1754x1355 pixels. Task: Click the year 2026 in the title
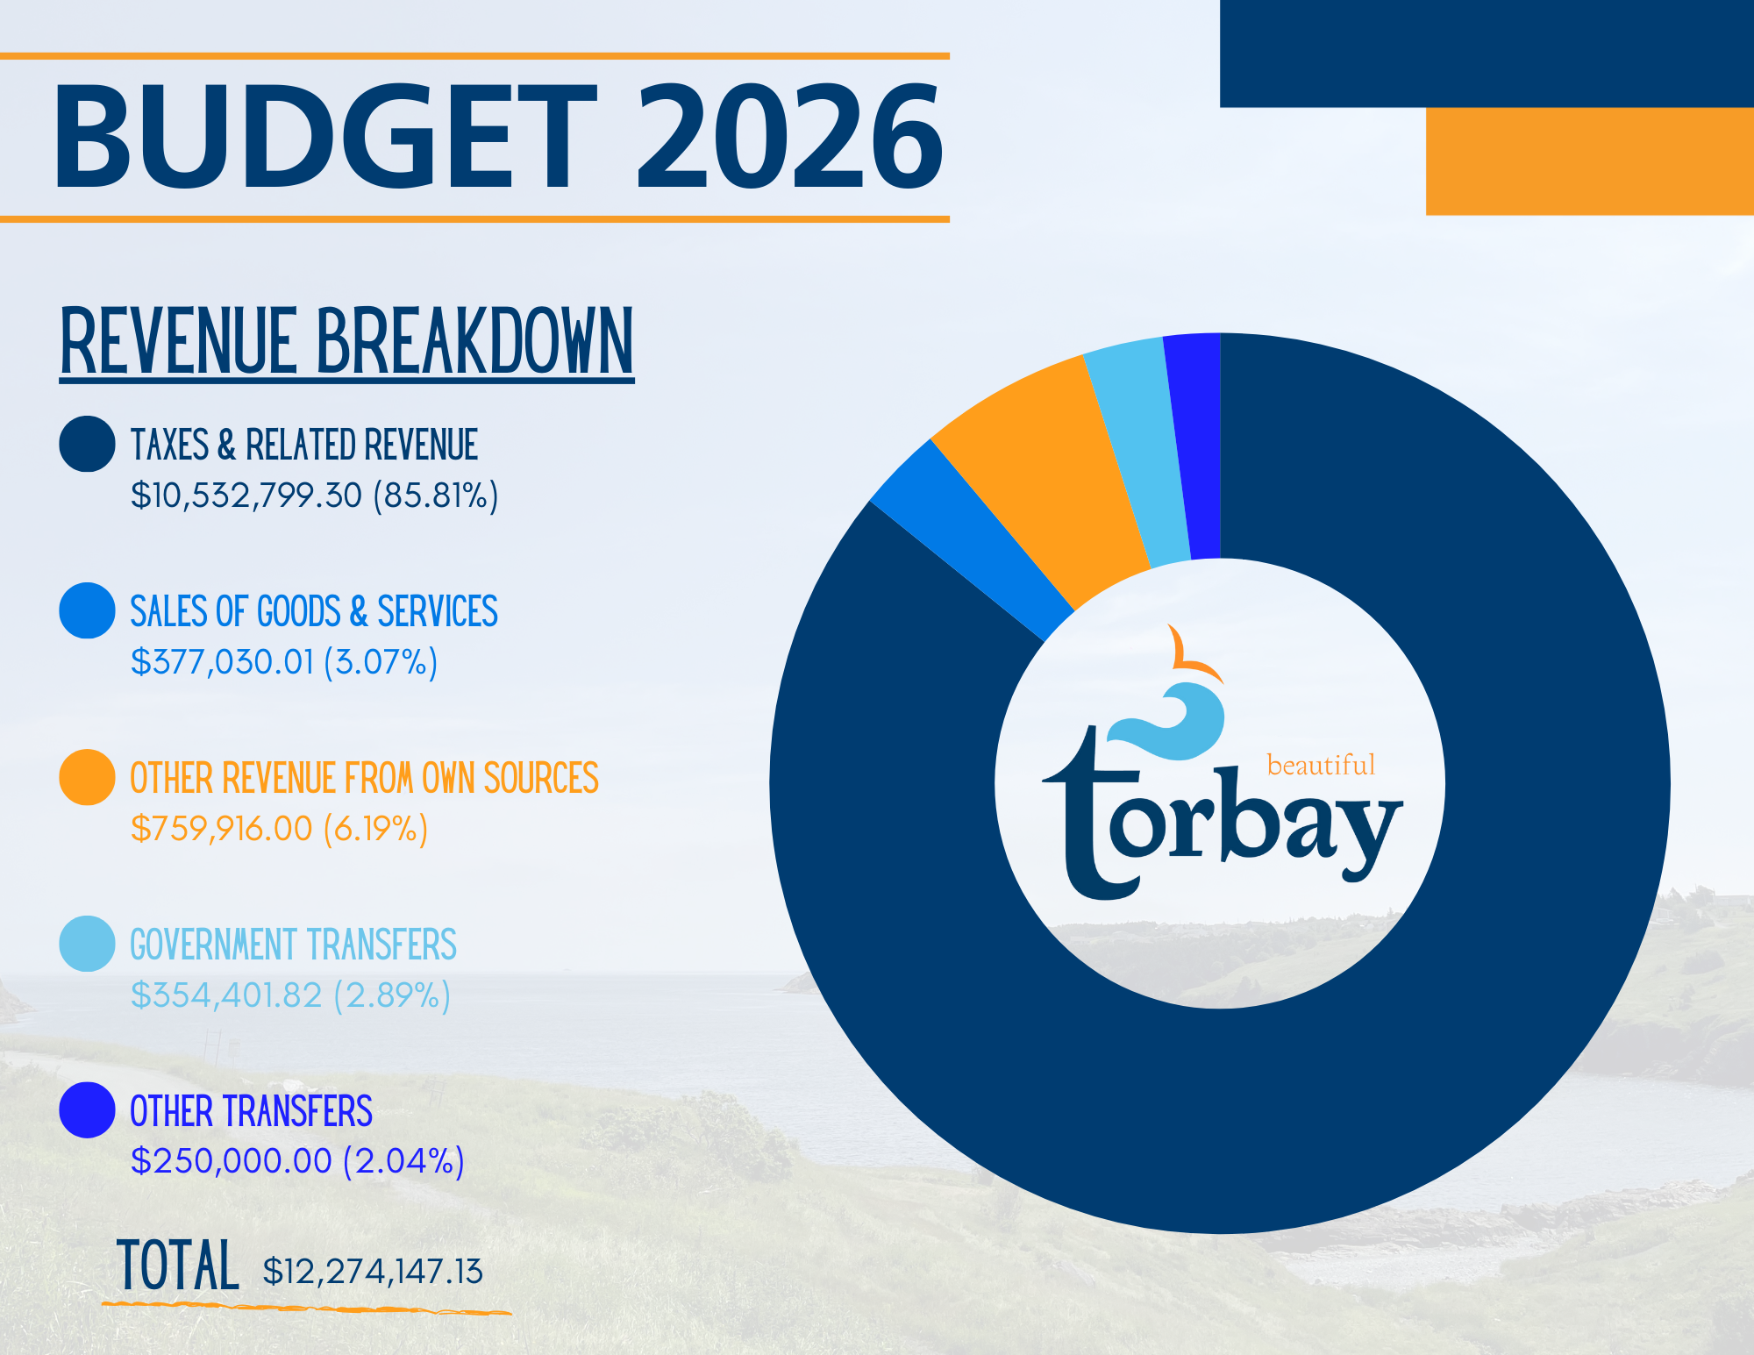(x=789, y=137)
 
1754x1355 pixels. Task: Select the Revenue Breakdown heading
(x=346, y=342)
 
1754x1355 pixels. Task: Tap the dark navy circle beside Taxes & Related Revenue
(x=87, y=444)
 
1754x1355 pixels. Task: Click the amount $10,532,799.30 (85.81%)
(x=314, y=496)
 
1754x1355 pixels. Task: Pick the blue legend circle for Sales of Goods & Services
(x=87, y=610)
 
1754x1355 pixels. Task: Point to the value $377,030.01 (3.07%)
(x=283, y=662)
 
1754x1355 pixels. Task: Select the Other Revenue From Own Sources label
(x=364, y=778)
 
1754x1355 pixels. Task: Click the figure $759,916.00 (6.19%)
(x=279, y=829)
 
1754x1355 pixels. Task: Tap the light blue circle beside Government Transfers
(x=87, y=944)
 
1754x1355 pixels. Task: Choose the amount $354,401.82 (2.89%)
(x=290, y=995)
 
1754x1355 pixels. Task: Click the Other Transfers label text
(x=251, y=1111)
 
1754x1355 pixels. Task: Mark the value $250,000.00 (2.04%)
(x=297, y=1161)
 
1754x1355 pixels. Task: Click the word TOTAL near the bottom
(x=177, y=1265)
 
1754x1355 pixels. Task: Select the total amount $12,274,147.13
(x=373, y=1272)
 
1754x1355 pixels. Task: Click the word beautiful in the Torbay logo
(x=1321, y=765)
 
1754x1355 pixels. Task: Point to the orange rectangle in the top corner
(x=1590, y=161)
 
